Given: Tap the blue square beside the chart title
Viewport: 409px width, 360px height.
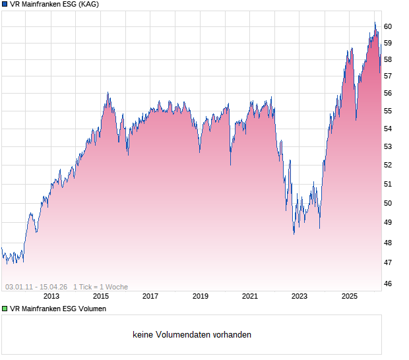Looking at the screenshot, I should pyautogui.click(x=5, y=5).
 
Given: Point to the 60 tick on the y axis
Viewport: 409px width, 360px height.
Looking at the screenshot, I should pyautogui.click(x=388, y=26).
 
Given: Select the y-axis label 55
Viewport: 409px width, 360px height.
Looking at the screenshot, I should pyautogui.click(x=388, y=111).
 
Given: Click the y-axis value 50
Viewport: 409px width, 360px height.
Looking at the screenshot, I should pyautogui.click(x=388, y=203).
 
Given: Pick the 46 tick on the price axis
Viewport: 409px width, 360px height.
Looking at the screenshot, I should pyautogui.click(x=388, y=284).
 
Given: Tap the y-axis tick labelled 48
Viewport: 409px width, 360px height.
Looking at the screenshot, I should pyautogui.click(x=388, y=243).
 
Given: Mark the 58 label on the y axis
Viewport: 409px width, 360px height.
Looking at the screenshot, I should pyautogui.click(x=388, y=59).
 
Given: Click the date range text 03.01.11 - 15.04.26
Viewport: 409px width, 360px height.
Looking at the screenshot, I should pyautogui.click(x=36, y=287).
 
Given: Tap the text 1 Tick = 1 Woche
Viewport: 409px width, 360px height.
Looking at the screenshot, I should pyautogui.click(x=101, y=287).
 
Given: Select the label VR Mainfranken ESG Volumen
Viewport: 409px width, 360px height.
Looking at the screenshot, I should pyautogui.click(x=58, y=309).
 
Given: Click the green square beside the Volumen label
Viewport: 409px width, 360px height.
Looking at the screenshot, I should pyautogui.click(x=5, y=309).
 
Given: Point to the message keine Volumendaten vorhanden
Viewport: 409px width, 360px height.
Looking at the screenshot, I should pyautogui.click(x=192, y=335).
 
